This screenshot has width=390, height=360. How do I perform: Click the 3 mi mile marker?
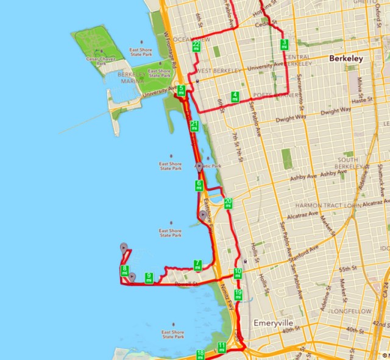(x=284, y=44)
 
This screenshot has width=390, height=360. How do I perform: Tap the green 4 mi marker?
(x=235, y=96)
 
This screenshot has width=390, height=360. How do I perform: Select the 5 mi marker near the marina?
(x=182, y=90)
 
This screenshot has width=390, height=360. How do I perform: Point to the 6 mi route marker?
(x=199, y=185)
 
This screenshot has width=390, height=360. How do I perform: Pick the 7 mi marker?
(x=197, y=265)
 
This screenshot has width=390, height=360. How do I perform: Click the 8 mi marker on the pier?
(x=124, y=270)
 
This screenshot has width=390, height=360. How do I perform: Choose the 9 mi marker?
(x=149, y=278)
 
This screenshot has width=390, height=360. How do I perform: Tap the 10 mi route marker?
(x=238, y=273)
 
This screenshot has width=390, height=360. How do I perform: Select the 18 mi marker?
(x=200, y=354)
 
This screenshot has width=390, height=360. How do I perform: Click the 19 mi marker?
(x=238, y=295)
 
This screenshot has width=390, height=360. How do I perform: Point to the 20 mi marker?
(x=228, y=203)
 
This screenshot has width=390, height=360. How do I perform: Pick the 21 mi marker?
(x=194, y=126)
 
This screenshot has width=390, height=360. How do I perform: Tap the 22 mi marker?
(x=196, y=46)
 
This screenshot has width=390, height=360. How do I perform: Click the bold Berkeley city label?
(x=346, y=59)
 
